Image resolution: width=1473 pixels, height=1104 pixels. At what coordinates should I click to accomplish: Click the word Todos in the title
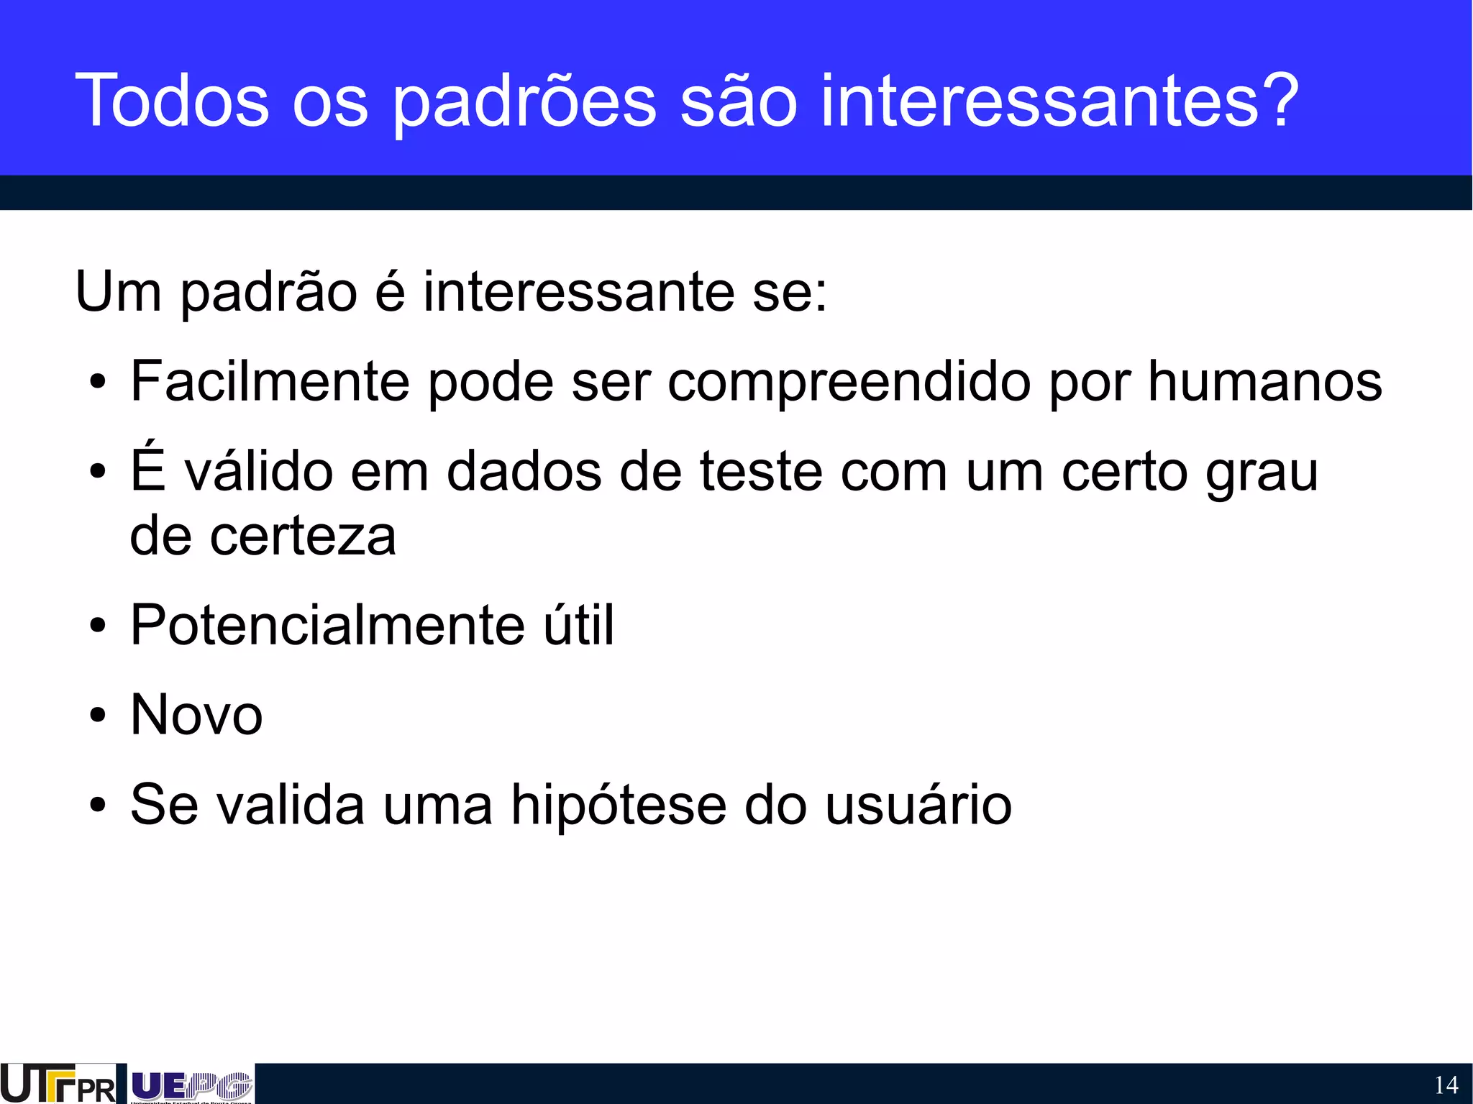point(172,101)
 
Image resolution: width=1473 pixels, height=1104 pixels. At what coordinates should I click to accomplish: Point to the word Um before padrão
point(118,292)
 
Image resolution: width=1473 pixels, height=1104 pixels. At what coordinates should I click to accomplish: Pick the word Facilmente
point(270,381)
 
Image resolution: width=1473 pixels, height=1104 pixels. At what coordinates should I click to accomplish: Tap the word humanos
point(1264,381)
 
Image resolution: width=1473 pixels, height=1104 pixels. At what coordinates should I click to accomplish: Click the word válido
point(258,471)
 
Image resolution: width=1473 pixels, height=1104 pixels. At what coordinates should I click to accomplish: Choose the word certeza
point(303,537)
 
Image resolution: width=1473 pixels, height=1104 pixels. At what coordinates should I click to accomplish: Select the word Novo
point(196,715)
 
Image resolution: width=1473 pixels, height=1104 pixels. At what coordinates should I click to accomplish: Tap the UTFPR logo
point(58,1083)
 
